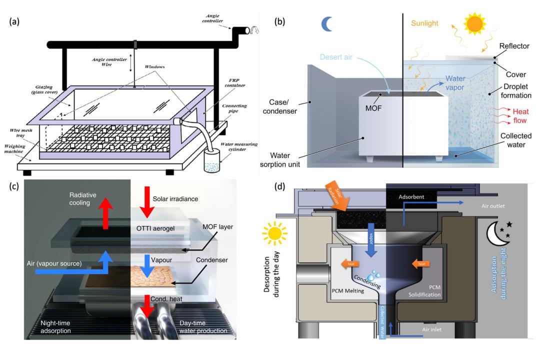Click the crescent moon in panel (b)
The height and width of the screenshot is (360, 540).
(326, 23)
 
